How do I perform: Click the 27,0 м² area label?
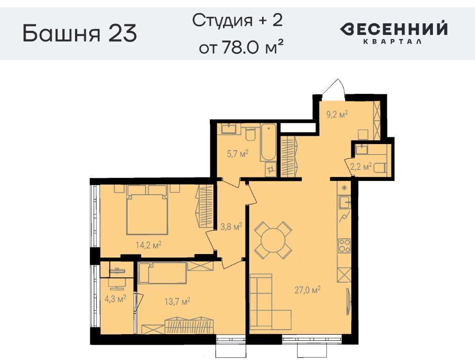(x=308, y=290)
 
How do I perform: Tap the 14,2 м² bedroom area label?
(x=148, y=245)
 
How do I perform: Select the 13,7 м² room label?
(x=177, y=301)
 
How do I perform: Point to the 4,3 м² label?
(x=116, y=299)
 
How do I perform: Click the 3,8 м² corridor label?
(x=231, y=226)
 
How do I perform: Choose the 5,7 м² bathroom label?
(x=238, y=154)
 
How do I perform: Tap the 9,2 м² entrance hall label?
(x=337, y=115)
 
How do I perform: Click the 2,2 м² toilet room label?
(x=361, y=166)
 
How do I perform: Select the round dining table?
(x=273, y=240)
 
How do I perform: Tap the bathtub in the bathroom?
(x=268, y=142)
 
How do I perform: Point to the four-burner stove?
(x=344, y=245)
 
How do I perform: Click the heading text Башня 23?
(x=80, y=33)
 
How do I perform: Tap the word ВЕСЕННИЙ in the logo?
(x=393, y=29)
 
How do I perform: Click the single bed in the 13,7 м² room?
(x=162, y=273)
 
